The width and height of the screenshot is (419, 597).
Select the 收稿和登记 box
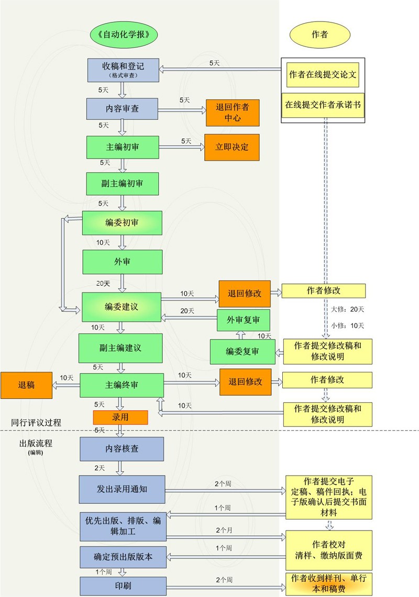pyautogui.click(x=123, y=69)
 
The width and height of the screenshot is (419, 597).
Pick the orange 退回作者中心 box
pyautogui.click(x=233, y=112)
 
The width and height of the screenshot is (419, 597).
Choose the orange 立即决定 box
pyautogui.click(x=231, y=147)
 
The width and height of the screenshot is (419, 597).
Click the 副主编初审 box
pyautogui.click(x=122, y=183)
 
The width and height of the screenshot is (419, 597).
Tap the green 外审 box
pyautogui.click(x=122, y=261)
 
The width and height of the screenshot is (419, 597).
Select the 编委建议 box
pyautogui.click(x=122, y=307)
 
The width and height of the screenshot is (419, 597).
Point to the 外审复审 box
pyautogui.click(x=244, y=320)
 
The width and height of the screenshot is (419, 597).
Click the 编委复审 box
pyautogui.click(x=242, y=352)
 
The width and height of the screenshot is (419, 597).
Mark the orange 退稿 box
pyautogui.click(x=26, y=385)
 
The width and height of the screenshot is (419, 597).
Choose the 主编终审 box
pyautogui.click(x=122, y=385)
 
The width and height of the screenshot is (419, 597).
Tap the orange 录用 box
pyautogui.click(x=120, y=417)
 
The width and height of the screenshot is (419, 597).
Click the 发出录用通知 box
pyautogui.click(x=122, y=489)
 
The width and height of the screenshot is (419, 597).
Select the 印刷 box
pyautogui.click(x=123, y=585)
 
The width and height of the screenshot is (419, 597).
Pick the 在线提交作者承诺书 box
pyautogui.click(x=323, y=104)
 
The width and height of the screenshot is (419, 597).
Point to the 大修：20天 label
pyautogui.click(x=347, y=309)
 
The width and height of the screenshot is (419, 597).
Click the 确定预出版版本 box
pyautogui.click(x=123, y=557)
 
